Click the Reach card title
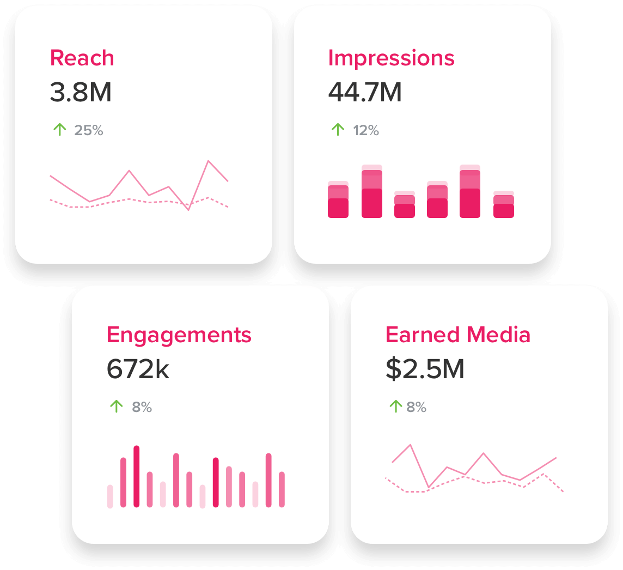click(82, 58)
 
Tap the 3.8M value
click(81, 92)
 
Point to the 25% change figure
click(89, 130)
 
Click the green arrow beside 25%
click(59, 130)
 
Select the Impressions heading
click(391, 58)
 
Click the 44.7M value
click(365, 92)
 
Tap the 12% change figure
click(365, 130)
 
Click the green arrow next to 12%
click(338, 130)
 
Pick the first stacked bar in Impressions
click(338, 200)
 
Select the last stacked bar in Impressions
click(504, 205)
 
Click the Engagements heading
click(179, 334)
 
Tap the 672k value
click(138, 369)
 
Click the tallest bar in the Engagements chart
click(137, 476)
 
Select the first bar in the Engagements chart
click(110, 496)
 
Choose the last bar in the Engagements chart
click(282, 489)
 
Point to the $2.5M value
click(425, 369)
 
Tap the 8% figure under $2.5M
click(417, 407)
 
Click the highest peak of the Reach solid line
click(208, 161)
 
